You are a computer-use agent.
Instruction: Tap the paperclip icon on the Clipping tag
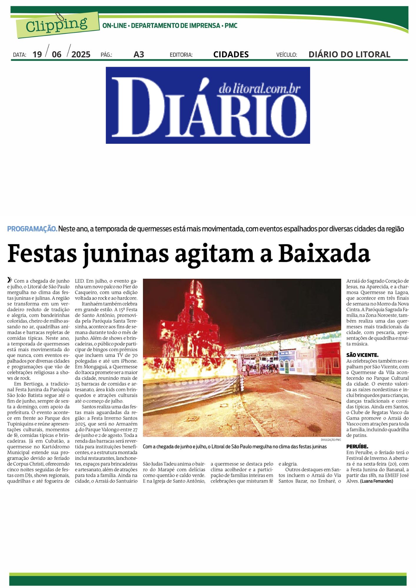click(59, 17)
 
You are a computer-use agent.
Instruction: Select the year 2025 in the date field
click(81, 54)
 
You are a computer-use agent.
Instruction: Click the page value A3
click(139, 54)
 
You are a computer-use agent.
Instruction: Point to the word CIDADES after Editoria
click(231, 54)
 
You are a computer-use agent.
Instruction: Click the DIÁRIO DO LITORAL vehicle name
click(349, 54)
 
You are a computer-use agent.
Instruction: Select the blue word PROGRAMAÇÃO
click(32, 229)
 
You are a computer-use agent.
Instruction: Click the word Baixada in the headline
click(324, 254)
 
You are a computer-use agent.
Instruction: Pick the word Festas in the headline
click(42, 254)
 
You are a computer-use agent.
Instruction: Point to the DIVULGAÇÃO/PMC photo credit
click(331, 440)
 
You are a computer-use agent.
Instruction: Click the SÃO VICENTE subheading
click(362, 355)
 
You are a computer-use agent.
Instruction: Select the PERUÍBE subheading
click(357, 447)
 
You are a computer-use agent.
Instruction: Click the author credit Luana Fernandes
click(376, 481)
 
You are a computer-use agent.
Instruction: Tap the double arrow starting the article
click(10, 280)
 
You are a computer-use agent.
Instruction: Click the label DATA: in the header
click(19, 55)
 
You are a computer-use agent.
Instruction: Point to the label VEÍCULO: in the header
click(287, 55)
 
